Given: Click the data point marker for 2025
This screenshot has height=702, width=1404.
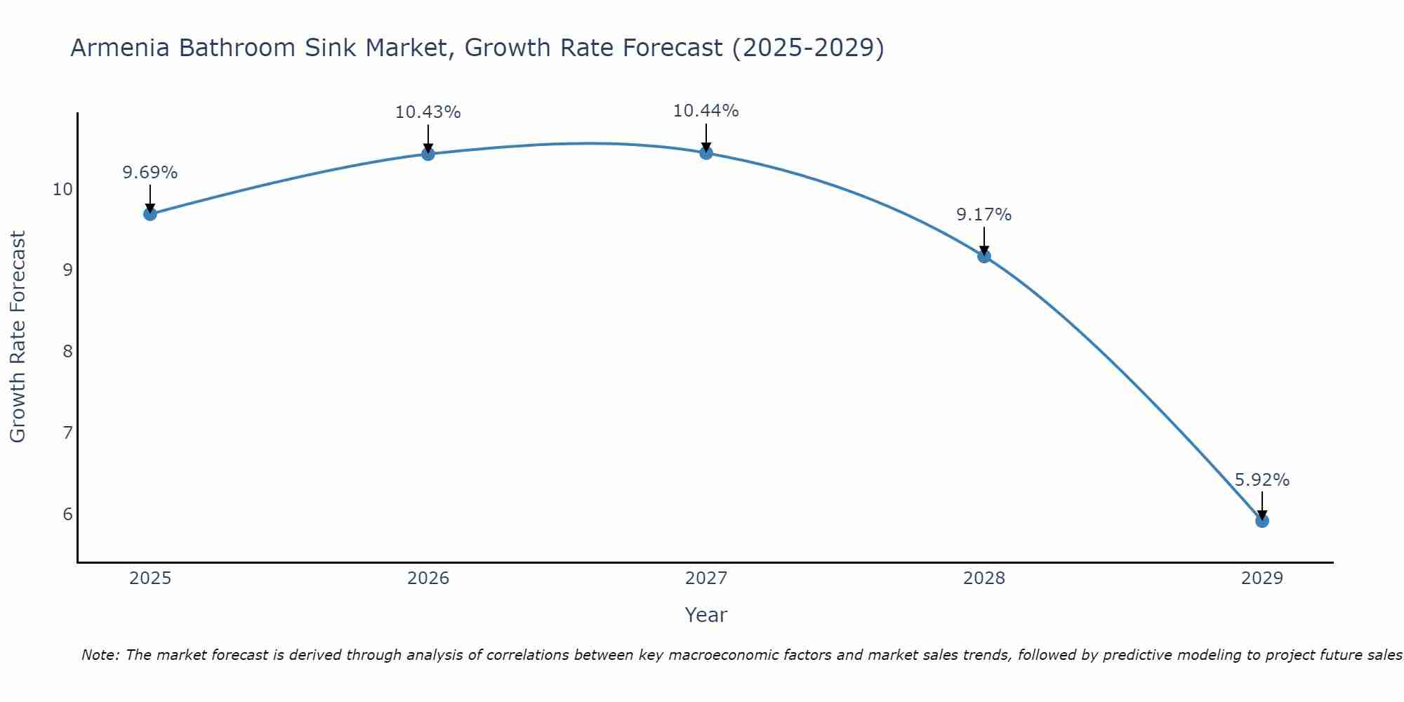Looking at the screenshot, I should point(150,213).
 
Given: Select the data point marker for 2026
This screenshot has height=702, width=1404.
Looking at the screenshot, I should point(428,154).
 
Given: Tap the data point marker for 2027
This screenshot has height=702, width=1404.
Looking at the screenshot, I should point(706,152).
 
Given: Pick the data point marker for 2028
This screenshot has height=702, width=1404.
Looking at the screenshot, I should point(984,256).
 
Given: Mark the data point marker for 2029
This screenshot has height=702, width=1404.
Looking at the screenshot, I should point(1261,521).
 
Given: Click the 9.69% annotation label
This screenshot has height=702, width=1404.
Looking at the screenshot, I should point(150,173).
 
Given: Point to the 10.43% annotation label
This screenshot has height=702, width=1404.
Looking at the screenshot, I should point(428,112).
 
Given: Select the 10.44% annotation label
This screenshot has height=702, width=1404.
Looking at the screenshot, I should point(706,111).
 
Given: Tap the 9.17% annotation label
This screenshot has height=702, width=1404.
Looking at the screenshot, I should point(984,215).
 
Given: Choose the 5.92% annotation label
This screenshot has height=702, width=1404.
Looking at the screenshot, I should point(1261,480).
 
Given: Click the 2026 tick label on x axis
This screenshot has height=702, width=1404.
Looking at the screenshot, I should point(428,578).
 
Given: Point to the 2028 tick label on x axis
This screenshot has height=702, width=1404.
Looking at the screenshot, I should point(984,578).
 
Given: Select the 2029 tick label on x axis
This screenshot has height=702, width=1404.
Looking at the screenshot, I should point(1261,578).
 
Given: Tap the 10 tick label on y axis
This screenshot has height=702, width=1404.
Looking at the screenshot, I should point(62,190).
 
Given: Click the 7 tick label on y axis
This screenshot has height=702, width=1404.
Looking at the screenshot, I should point(67,432).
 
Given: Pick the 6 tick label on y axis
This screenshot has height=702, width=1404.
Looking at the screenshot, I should point(67,514).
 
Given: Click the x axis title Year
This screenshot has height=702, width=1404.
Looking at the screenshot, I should point(706,615).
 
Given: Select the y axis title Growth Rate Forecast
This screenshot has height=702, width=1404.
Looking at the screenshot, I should point(18,337).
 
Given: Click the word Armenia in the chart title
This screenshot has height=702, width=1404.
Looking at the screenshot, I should point(120,48).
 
